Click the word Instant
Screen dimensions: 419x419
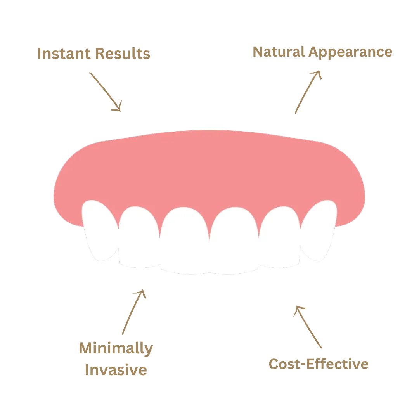pos(64,54)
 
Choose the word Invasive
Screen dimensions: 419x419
pos(116,370)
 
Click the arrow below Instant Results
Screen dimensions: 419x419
pos(105,91)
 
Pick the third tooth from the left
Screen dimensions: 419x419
pos(185,241)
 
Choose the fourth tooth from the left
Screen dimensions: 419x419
pos(235,241)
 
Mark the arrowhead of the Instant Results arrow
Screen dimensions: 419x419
pos(118,107)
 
